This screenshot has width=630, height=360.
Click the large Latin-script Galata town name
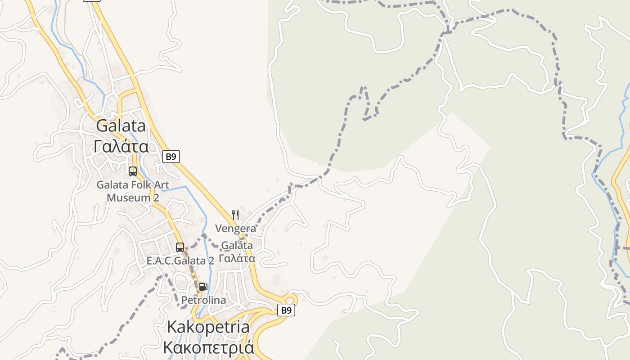[121, 126]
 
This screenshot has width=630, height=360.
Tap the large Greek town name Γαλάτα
[121, 146]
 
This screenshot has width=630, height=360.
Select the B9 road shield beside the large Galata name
[171, 157]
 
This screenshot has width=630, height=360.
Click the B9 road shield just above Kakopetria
[286, 310]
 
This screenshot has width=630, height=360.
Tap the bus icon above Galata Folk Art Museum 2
[133, 171]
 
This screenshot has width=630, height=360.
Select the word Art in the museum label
[162, 184]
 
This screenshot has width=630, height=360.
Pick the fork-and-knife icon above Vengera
[235, 215]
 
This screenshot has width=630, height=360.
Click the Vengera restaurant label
[235, 229]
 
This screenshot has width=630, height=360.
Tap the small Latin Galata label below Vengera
[237, 246]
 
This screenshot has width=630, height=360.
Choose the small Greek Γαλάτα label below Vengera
[237, 259]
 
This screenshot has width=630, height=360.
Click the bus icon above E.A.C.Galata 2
[180, 247]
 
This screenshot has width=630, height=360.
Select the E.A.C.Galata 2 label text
[180, 261]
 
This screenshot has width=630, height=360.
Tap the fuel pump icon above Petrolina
[203, 287]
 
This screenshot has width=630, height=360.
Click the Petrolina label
[203, 300]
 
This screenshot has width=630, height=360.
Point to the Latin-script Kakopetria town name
[208, 327]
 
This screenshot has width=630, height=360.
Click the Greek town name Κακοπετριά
[208, 347]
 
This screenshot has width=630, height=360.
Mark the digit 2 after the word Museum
[156, 198]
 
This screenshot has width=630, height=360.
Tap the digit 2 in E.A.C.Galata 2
[211, 261]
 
